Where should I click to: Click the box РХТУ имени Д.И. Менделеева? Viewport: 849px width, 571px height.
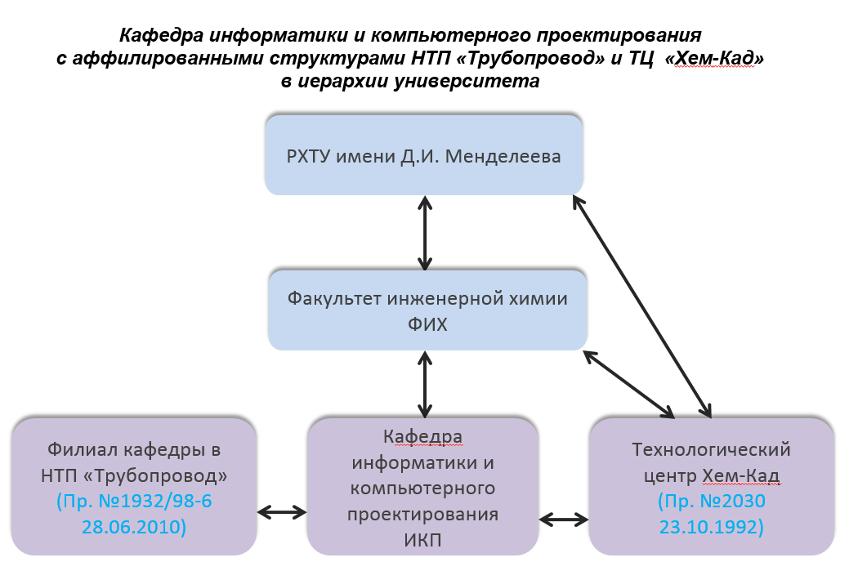click(424, 155)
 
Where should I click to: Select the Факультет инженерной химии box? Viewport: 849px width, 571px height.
click(427, 310)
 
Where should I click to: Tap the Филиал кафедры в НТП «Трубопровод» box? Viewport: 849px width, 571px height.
click(134, 487)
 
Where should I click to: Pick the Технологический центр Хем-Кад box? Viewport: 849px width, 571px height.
click(712, 487)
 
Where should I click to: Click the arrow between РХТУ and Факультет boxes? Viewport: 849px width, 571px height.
click(425, 233)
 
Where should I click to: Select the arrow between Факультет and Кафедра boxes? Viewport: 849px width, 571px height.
click(425, 384)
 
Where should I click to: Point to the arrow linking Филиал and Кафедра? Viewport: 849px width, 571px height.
click(282, 512)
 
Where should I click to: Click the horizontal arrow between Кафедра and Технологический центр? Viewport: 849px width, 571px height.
click(564, 520)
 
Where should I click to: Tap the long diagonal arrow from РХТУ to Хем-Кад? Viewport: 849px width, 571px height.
click(642, 306)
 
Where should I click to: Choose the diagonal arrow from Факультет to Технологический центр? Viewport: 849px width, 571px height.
click(628, 384)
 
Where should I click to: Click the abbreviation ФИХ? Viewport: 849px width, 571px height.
click(427, 324)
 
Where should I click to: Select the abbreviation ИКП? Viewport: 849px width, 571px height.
click(423, 540)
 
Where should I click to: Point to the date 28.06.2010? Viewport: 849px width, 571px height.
click(134, 527)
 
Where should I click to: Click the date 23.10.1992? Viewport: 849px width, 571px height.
click(712, 527)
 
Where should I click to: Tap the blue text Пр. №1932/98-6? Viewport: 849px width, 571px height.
click(134, 502)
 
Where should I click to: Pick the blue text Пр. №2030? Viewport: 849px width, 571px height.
click(712, 502)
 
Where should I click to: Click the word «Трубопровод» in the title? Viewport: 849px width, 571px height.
click(530, 57)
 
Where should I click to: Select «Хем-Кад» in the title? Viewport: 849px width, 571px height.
click(714, 57)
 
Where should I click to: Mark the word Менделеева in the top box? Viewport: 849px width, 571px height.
click(503, 156)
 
